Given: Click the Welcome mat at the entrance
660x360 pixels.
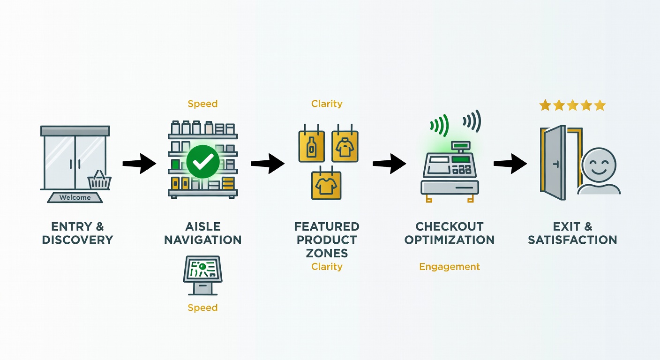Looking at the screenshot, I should tap(75, 197).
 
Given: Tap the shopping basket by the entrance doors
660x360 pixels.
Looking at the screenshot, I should tap(99, 180).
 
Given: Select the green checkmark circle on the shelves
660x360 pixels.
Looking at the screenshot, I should tap(202, 161).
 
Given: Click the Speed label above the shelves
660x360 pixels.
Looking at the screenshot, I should tap(202, 104).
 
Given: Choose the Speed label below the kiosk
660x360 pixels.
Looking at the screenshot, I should tap(202, 307).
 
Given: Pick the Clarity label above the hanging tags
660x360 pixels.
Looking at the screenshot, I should tap(327, 104).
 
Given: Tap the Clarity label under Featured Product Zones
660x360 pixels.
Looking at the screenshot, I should tap(327, 267).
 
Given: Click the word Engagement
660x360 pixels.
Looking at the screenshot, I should tap(449, 267).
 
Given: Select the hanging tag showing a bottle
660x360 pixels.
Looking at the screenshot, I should tap(312, 146).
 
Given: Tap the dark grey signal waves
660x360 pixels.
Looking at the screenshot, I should tap(472, 121).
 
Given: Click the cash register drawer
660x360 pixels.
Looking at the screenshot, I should tap(449, 187).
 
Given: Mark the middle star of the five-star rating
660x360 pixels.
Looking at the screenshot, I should tap(572, 105).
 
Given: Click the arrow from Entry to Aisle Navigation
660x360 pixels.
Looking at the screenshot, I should tap(139, 164).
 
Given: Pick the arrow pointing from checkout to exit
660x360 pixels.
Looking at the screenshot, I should tap(510, 164).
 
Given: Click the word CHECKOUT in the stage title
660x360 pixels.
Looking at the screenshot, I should tap(449, 227).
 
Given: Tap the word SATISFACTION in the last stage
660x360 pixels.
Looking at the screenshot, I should tap(572, 240).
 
